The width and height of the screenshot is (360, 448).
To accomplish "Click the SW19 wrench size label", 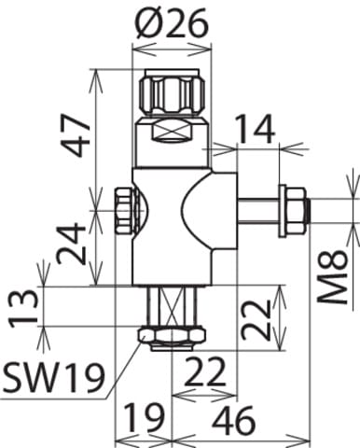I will (x=53, y=378).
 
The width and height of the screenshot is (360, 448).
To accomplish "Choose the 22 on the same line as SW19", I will (x=205, y=373).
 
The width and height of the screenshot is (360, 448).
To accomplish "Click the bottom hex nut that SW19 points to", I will (x=170, y=335).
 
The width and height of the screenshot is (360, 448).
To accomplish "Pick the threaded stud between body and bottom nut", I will (x=170, y=304).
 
